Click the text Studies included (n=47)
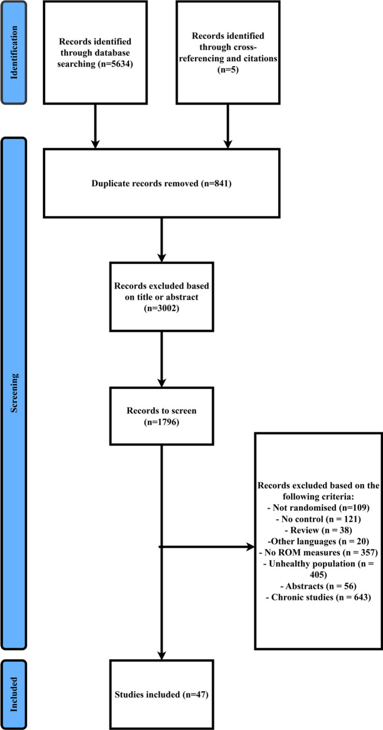[161, 695]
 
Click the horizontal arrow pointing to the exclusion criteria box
[206, 547]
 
